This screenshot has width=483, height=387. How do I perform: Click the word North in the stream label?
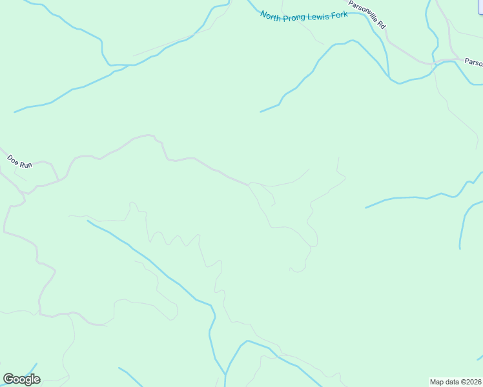tap(271, 15)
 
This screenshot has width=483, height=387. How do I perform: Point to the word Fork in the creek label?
tap(340, 14)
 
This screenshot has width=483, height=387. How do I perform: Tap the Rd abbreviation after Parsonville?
tap(382, 25)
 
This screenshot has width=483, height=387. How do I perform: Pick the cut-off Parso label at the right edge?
tap(473, 63)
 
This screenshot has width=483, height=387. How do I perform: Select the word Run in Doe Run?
tap(25, 165)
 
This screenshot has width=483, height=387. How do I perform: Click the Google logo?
tap(22, 379)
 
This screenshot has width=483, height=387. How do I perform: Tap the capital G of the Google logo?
tap(9, 379)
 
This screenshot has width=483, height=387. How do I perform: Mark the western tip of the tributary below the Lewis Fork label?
tap(261, 112)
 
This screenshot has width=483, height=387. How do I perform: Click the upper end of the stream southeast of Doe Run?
tap(88, 221)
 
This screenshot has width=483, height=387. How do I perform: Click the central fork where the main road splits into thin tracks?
tap(249, 184)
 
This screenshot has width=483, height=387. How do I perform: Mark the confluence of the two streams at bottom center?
tap(225, 374)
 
